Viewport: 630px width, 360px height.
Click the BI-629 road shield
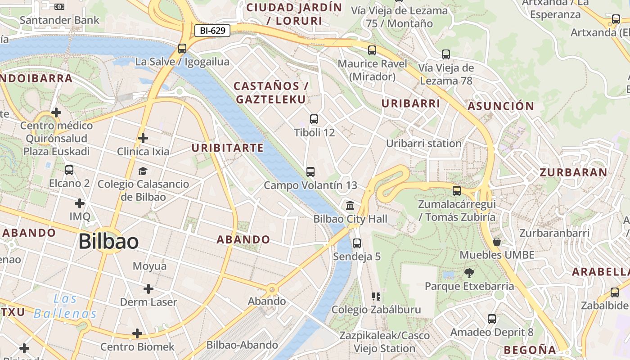tap(212, 31)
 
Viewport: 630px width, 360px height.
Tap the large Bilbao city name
tap(108, 242)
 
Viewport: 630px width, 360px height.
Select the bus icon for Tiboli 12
tap(314, 119)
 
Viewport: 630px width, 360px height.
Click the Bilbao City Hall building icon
tap(350, 206)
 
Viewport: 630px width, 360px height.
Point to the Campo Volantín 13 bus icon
tap(310, 171)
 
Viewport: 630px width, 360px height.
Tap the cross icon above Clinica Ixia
tap(143, 138)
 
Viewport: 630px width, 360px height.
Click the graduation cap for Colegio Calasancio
tap(143, 171)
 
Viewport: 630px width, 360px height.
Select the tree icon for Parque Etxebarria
tap(469, 273)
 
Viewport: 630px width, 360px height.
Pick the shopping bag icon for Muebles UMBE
tap(497, 242)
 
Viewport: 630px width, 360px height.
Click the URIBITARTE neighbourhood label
tap(228, 148)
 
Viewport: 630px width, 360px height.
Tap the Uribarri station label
tap(424, 144)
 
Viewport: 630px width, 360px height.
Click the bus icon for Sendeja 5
tap(357, 243)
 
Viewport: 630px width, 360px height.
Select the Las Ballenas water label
tap(65, 306)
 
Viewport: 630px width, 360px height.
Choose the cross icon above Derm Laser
tap(148, 288)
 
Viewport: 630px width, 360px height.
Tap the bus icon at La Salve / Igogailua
tap(182, 48)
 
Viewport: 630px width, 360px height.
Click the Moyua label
tap(149, 266)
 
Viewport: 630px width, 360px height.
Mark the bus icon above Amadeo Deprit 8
tap(492, 319)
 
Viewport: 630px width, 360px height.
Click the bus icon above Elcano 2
tap(69, 170)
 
